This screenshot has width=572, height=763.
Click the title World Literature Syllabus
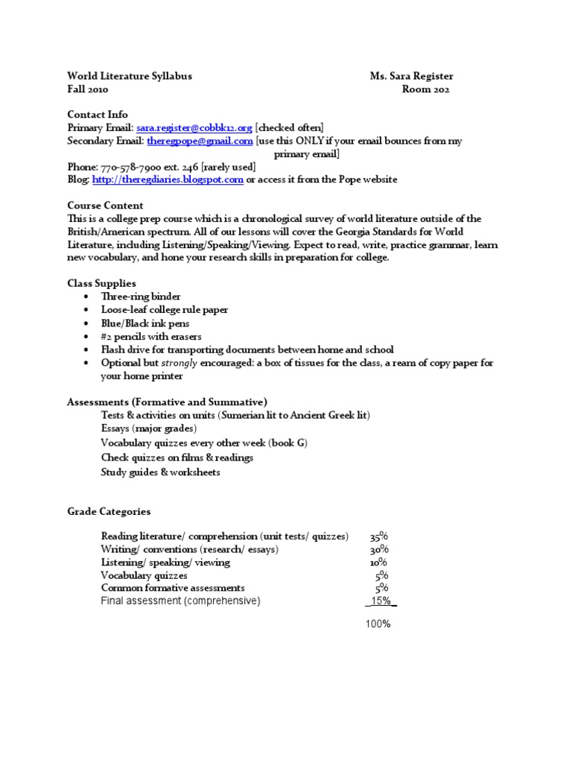click(130, 76)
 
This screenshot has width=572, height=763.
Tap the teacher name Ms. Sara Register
click(411, 76)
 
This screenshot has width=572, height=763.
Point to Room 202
click(425, 89)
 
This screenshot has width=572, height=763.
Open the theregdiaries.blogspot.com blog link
click(168, 180)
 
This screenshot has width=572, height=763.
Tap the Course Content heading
click(105, 206)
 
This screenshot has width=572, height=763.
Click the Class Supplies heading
click(101, 283)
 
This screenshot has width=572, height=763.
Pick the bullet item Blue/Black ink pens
click(145, 323)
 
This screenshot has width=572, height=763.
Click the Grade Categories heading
click(109, 512)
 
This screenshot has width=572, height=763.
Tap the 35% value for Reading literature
click(378, 536)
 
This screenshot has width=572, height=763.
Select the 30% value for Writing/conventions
click(378, 550)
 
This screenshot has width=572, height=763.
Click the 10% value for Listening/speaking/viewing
click(378, 563)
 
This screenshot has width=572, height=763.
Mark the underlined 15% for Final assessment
click(381, 601)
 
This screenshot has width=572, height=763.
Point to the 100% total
click(378, 624)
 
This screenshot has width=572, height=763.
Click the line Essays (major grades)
click(149, 428)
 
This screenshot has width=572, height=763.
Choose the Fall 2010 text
click(88, 89)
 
